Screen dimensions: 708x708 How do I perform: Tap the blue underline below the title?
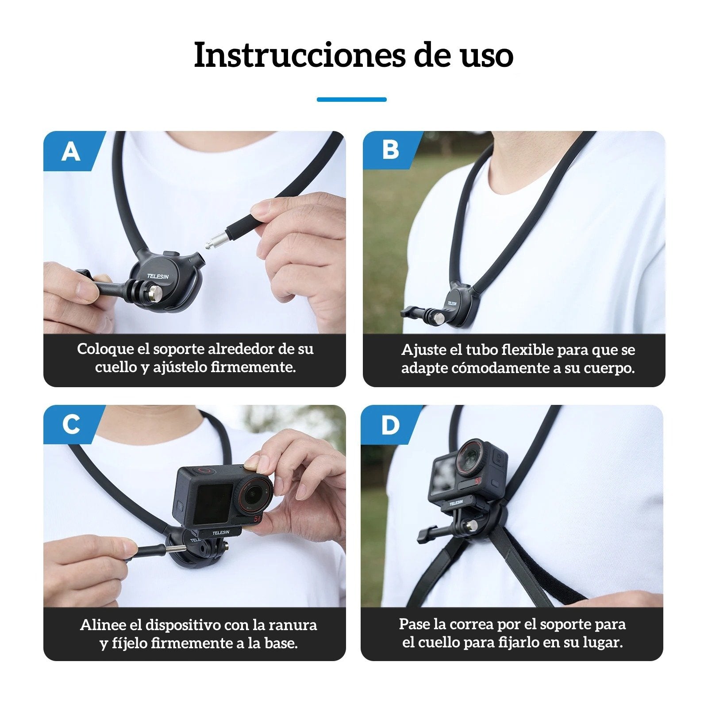351,100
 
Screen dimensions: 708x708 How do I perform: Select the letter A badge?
71,152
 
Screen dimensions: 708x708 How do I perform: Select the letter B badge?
390,150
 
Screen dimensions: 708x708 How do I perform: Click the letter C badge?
71,424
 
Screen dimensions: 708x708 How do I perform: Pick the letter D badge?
390,425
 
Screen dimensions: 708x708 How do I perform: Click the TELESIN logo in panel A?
158,276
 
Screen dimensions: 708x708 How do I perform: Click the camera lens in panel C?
254,492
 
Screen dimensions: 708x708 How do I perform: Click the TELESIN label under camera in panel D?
456,503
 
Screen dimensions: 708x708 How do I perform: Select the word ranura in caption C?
297,624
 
